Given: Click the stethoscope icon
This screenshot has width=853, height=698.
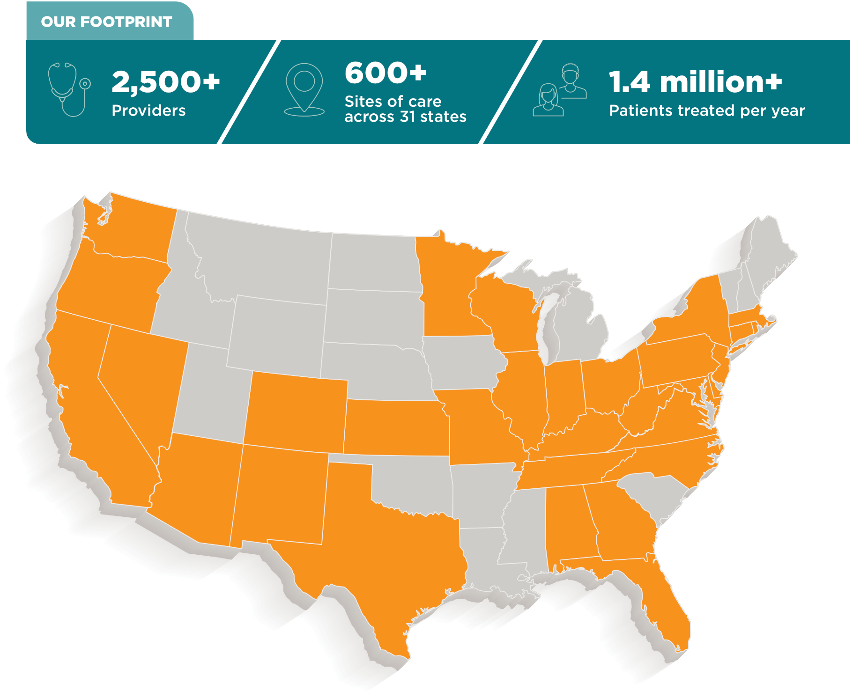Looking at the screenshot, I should point(68,89).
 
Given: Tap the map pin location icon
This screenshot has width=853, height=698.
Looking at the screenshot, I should point(304,89).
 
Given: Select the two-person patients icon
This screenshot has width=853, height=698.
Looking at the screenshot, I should point(560,90).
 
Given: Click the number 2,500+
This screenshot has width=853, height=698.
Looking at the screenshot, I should point(165,81).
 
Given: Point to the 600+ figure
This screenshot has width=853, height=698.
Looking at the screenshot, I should point(386,73).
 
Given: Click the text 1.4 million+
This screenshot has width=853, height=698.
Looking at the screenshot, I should point(695,82).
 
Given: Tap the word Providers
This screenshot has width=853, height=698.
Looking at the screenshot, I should point(148,110).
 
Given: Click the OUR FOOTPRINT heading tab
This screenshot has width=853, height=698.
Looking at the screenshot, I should point(107,22).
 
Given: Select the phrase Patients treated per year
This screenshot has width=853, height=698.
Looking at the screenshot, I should point(706,110).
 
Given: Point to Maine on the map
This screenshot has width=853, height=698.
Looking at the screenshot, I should point(768,253).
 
